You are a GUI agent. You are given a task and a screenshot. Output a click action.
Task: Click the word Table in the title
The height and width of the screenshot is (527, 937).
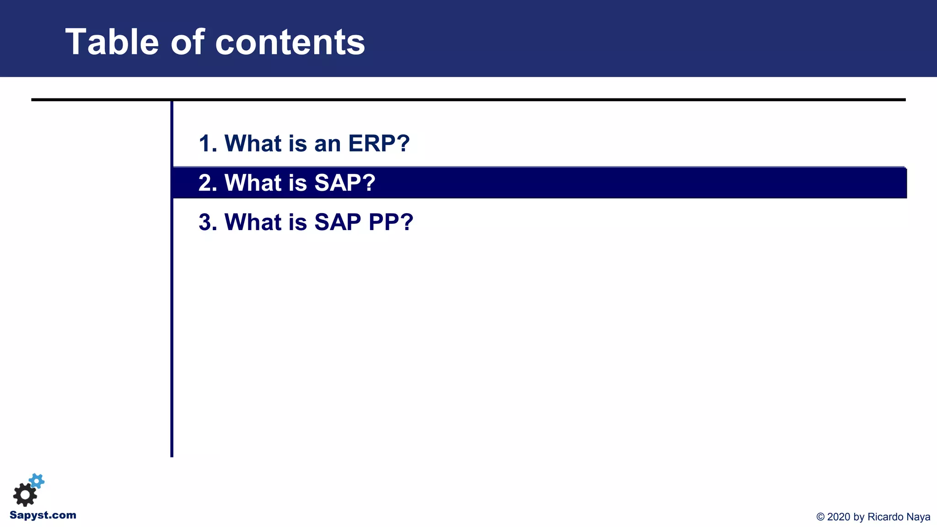coord(112,42)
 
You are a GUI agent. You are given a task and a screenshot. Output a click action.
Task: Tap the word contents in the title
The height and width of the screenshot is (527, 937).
coord(290,42)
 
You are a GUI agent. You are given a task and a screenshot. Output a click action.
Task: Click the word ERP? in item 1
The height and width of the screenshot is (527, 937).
coord(379,144)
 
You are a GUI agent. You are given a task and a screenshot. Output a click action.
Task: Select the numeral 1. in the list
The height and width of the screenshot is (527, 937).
coord(208,144)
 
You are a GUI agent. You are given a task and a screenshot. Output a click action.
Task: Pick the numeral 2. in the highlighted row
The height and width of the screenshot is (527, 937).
coord(208,183)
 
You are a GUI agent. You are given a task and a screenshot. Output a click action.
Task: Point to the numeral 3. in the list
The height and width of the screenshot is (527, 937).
coord(208,222)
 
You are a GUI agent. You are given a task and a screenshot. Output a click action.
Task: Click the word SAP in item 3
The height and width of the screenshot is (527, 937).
coord(338,222)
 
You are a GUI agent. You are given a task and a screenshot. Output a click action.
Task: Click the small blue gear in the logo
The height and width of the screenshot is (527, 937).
coord(37,481)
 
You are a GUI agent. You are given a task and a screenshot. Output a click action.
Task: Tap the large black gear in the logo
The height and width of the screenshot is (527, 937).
coord(25,495)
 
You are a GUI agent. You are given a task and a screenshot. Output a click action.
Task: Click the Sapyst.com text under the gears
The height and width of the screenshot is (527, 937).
coord(43,515)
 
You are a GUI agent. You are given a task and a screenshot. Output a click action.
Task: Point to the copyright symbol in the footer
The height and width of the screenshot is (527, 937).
coord(820,517)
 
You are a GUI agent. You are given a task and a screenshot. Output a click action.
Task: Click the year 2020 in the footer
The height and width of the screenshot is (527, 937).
coord(839,517)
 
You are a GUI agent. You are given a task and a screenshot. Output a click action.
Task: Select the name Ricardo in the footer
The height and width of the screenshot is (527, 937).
coord(885,517)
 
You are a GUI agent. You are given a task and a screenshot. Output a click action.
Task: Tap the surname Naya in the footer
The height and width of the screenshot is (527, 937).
coord(918,517)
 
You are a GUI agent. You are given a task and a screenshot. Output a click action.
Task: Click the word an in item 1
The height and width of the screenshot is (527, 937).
coord(328,144)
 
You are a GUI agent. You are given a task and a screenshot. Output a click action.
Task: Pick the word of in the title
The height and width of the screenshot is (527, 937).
coord(187,42)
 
